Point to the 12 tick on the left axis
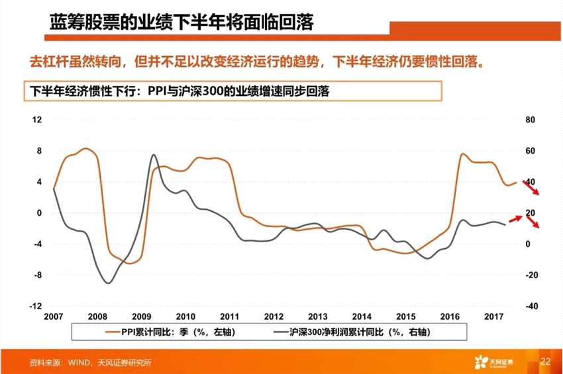[38, 120]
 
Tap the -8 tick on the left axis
[38, 275]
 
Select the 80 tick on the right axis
[529, 120]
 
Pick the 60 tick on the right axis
[529, 151]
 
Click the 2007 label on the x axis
[54, 316]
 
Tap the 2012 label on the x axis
[274, 316]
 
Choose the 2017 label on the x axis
[493, 316]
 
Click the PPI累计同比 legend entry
[170, 331]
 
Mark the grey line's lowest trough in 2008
[108, 283]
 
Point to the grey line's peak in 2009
[153, 155]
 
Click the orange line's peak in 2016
[463, 154]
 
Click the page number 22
[545, 361]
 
